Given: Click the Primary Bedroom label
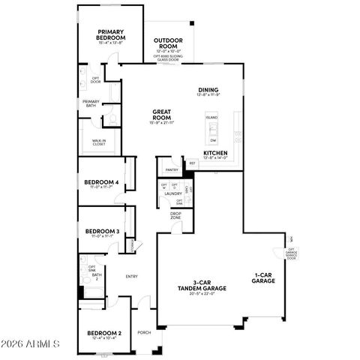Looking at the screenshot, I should [111, 34].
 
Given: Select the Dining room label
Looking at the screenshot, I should [208, 89].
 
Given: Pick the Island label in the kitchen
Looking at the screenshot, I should [212, 118].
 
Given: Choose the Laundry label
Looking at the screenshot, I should [173, 193].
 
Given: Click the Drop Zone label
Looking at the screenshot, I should [175, 215].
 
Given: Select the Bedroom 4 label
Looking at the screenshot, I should [102, 182].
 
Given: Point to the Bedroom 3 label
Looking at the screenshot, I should [102, 231].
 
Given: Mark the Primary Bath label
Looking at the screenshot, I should [91, 103].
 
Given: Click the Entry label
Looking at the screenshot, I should [132, 276].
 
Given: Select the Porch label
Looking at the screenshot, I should [143, 332].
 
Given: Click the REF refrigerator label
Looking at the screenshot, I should [193, 163].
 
